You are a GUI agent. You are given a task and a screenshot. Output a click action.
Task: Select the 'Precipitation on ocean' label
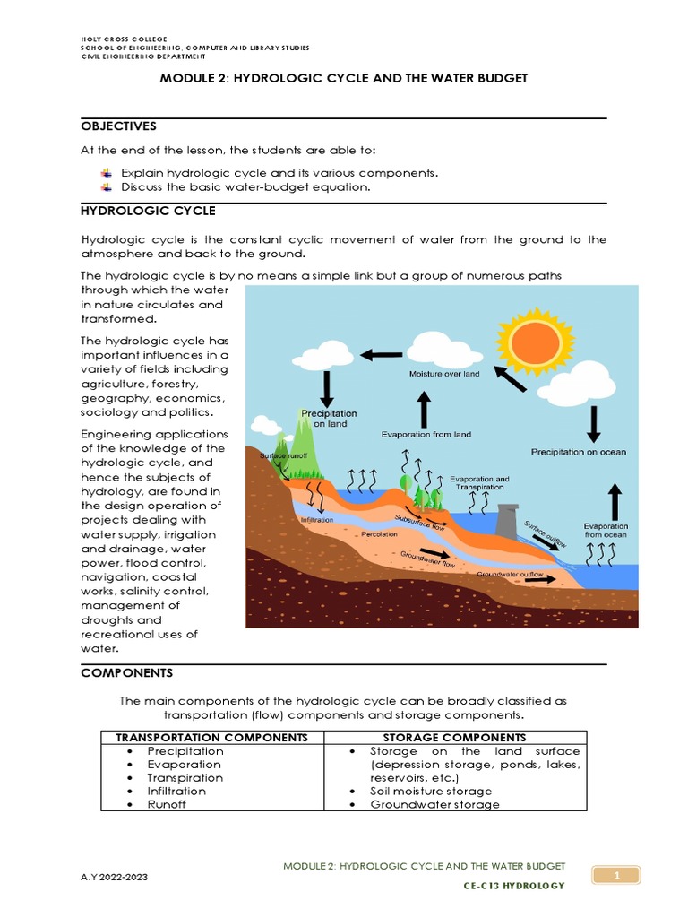pos(578,452)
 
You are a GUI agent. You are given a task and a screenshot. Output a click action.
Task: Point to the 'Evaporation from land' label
pos(426,435)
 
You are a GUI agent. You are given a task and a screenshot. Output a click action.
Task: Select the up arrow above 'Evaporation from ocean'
pos(615,498)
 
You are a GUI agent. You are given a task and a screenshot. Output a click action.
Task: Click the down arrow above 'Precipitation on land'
pos(327,388)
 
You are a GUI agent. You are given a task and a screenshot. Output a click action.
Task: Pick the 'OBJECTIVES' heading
pos(118,126)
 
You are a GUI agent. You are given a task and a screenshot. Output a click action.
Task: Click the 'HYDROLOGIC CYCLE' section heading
pos(148,211)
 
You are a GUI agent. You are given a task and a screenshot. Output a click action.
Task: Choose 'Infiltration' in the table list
pos(176,791)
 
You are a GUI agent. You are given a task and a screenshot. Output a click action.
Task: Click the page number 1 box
pos(614,875)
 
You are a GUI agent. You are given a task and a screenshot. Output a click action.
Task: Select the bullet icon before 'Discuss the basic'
pos(107,186)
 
